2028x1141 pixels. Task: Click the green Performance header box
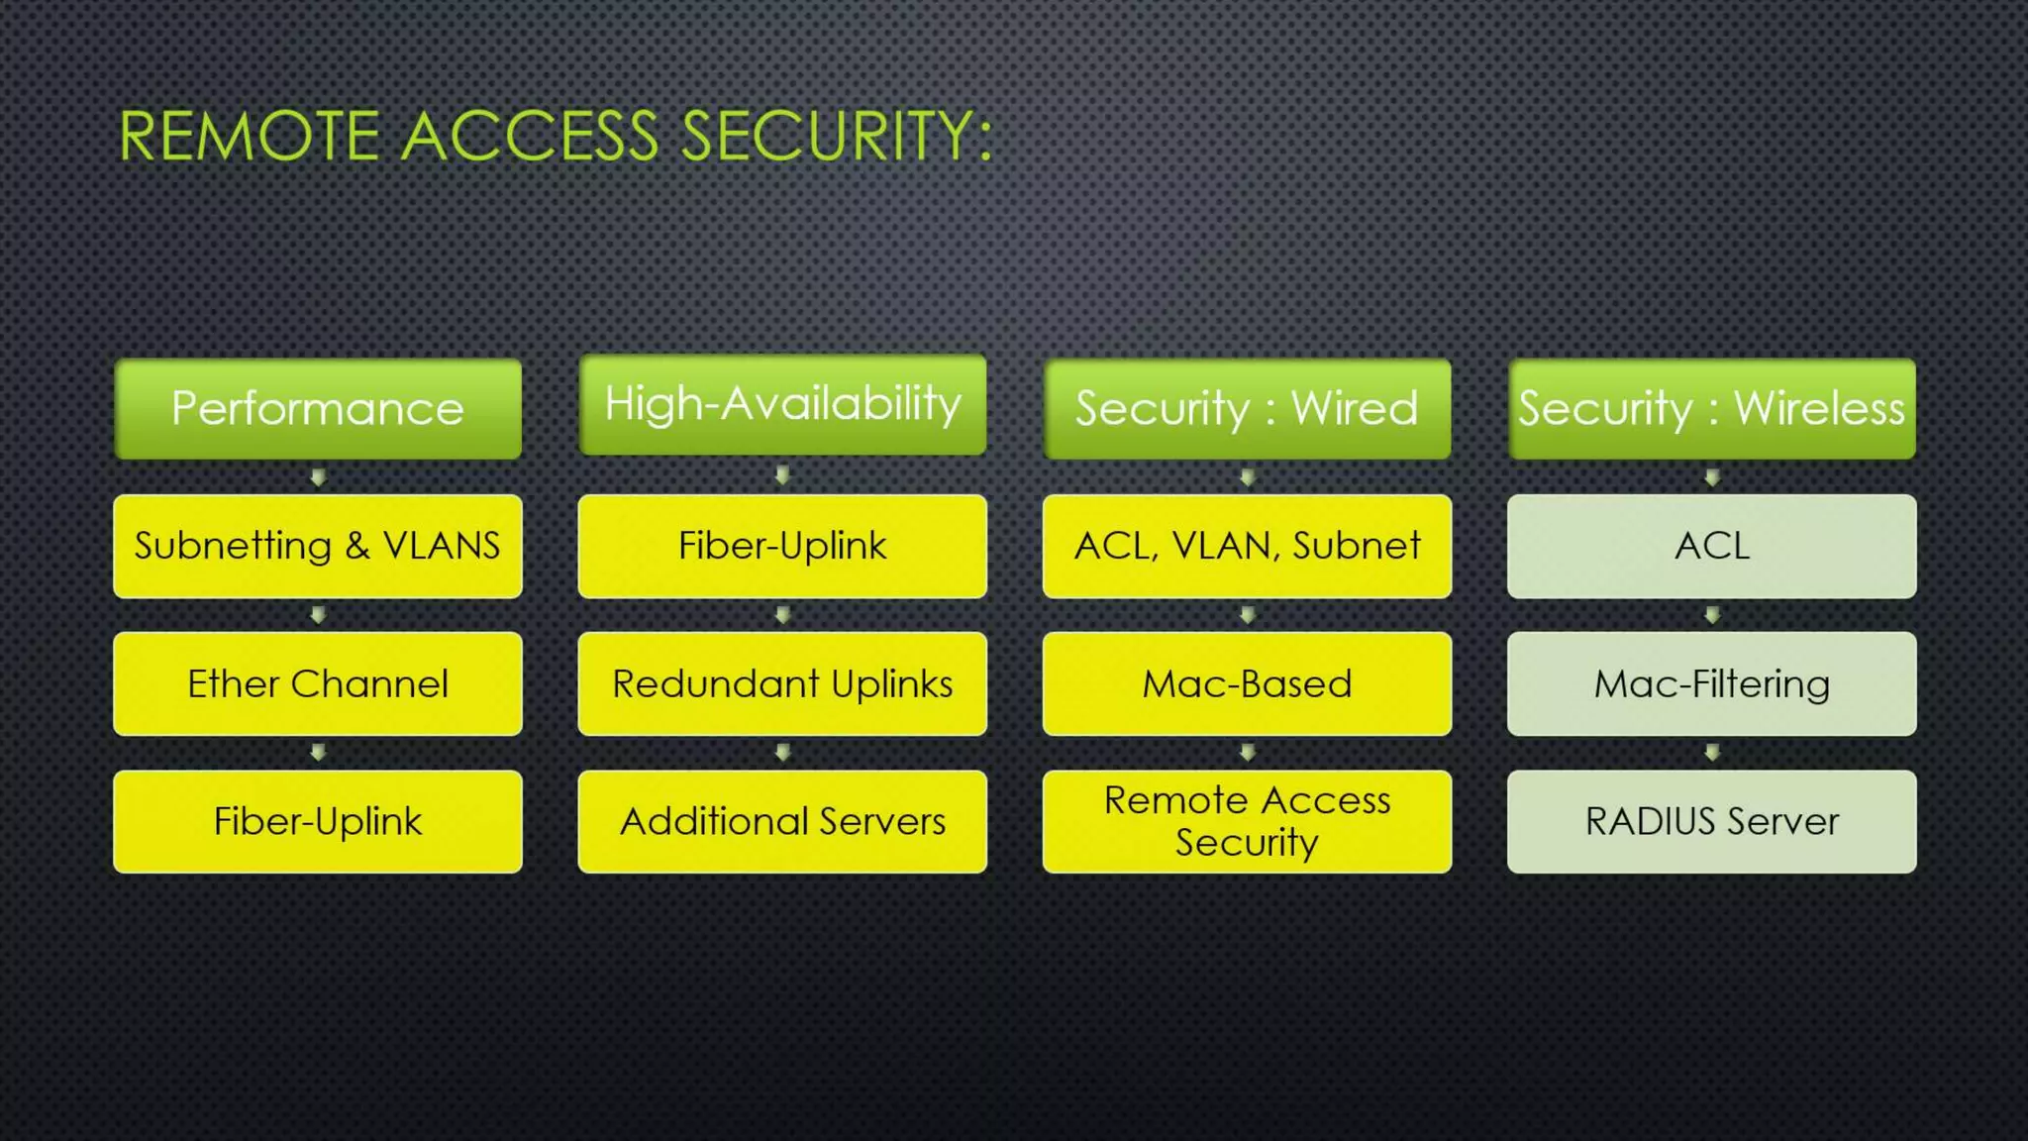point(318,408)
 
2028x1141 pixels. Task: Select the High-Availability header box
point(782,404)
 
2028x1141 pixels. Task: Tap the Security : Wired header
point(1247,408)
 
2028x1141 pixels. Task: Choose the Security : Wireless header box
point(1711,408)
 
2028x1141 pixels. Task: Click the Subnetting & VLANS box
point(318,546)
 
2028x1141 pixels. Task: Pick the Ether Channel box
point(318,683)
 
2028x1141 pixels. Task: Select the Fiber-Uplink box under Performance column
point(318,821)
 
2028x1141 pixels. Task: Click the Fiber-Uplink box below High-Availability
point(782,546)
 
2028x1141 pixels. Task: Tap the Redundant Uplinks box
point(782,683)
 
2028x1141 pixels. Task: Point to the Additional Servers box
point(782,821)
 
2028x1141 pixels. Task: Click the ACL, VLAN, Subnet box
point(1247,546)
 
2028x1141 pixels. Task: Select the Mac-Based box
point(1247,683)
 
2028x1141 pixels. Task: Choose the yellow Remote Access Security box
point(1247,821)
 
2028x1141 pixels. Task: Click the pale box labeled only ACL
point(1711,546)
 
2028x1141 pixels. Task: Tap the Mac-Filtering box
point(1711,683)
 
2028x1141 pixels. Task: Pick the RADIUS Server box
point(1711,821)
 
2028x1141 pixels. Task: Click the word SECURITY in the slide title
point(837,136)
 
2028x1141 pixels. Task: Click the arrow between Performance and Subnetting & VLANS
point(318,477)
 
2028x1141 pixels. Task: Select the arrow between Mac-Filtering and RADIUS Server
point(1712,753)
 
